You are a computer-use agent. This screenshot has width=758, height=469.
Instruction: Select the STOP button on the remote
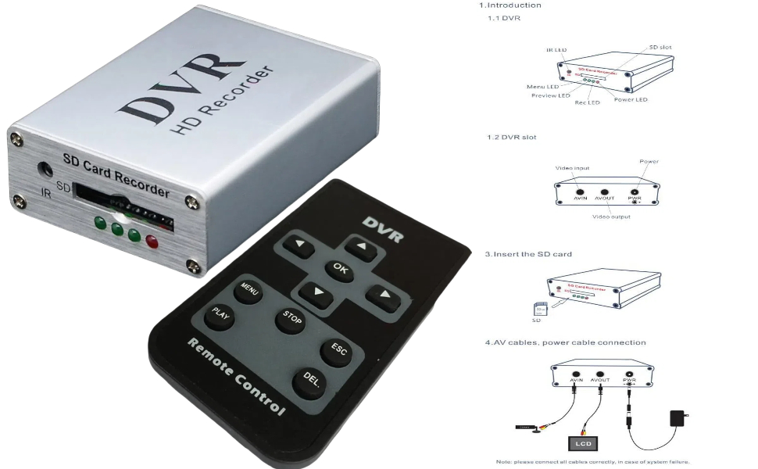point(291,320)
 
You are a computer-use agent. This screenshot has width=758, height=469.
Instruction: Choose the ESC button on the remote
point(338,350)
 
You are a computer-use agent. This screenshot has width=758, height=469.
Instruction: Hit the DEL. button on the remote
point(310,381)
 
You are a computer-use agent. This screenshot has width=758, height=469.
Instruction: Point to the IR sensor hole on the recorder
point(45,169)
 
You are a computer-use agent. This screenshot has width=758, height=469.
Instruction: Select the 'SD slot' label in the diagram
point(660,48)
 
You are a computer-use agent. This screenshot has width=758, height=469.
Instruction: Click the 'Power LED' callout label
point(631,100)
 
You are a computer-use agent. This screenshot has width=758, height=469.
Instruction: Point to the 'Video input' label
point(572,168)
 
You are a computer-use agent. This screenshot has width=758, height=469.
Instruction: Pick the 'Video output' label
point(611,217)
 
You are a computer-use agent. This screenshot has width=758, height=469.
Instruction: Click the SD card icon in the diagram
point(536,310)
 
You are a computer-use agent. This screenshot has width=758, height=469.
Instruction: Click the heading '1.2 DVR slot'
point(512,137)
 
